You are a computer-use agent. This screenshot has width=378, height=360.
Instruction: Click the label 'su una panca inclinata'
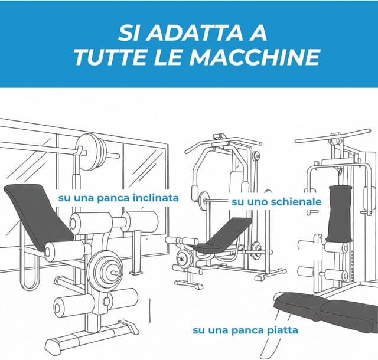(x=118, y=198)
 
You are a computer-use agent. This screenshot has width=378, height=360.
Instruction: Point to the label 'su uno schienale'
(x=276, y=202)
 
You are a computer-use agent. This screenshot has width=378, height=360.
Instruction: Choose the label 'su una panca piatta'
(x=245, y=330)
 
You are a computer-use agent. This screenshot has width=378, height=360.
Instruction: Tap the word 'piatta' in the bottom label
(x=282, y=330)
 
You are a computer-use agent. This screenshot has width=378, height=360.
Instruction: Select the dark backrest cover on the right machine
(x=339, y=213)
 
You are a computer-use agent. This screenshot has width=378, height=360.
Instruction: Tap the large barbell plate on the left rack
(x=90, y=152)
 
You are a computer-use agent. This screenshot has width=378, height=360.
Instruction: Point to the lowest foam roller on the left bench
(x=73, y=306)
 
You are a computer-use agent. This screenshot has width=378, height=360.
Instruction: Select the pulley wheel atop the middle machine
(x=256, y=156)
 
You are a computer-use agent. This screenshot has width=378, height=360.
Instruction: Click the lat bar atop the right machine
(x=333, y=136)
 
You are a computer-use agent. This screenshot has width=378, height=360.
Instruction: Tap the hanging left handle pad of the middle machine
(x=195, y=192)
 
